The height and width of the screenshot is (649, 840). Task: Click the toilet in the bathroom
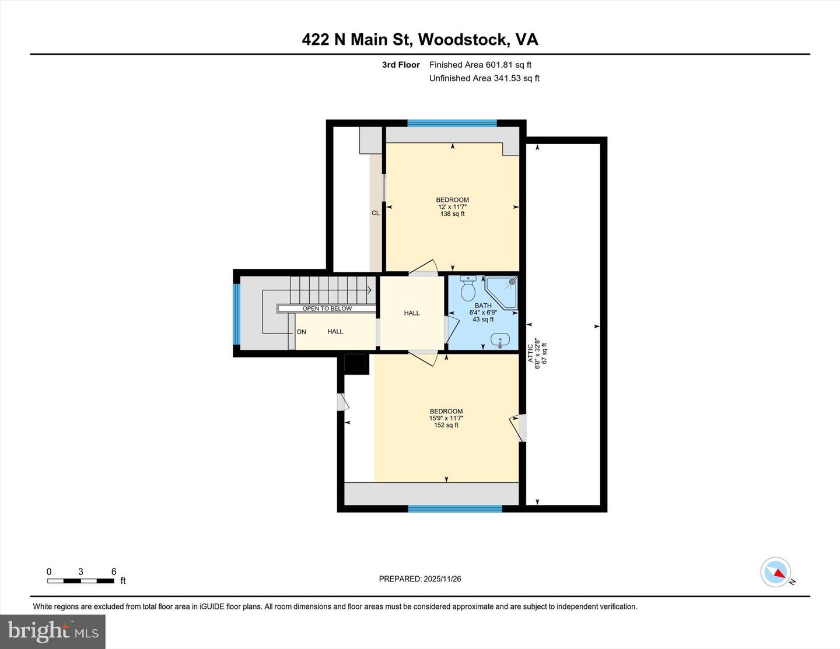468,288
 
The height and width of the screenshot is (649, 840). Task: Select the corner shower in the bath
503,292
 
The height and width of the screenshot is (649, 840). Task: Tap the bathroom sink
500,339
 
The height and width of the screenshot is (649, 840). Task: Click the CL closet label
376,213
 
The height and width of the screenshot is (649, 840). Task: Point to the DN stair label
302,332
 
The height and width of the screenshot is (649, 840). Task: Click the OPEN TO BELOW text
327,308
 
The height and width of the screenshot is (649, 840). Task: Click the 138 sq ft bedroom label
453,207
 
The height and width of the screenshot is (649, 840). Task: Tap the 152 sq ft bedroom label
446,418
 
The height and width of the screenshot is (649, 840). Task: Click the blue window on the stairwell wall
236,314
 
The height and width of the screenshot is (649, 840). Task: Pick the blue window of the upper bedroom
452,123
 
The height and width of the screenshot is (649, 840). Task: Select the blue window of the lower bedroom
455,509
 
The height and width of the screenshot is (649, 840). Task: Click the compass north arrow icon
776,572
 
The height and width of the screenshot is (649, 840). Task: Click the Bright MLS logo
52,632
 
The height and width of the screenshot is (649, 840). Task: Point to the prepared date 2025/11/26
420,579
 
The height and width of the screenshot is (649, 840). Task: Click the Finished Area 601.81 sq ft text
480,65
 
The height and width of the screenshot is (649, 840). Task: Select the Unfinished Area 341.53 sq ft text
484,78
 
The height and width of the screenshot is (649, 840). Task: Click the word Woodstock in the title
463,39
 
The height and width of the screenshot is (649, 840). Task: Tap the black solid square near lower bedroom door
356,364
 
